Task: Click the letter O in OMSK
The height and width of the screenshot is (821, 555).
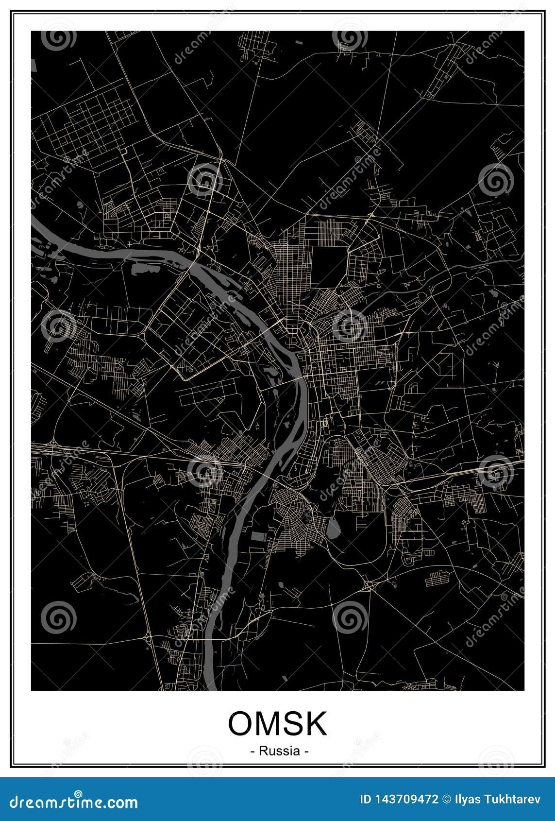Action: tap(241, 724)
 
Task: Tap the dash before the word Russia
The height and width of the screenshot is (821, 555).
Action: tap(252, 751)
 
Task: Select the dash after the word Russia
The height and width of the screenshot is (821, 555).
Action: tap(306, 751)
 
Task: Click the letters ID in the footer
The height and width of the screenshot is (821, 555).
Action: tap(366, 799)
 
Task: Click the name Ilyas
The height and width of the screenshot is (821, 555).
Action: tap(465, 799)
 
